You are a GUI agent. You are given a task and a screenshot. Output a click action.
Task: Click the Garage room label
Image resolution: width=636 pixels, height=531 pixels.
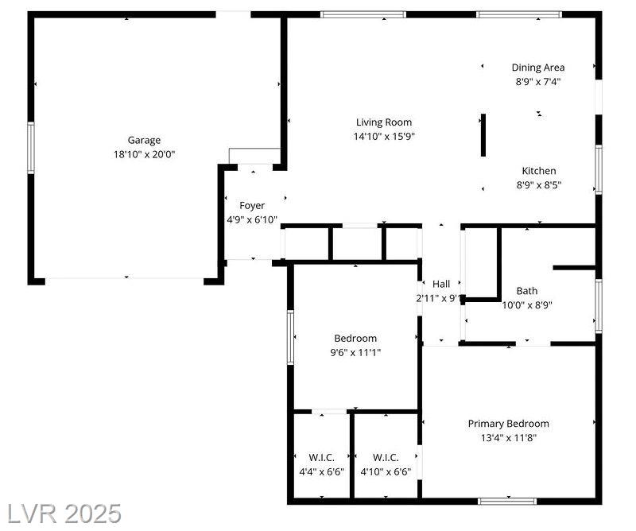pos(144,141)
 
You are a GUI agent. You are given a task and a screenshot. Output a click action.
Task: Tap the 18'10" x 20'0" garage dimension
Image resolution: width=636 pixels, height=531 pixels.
pos(144,154)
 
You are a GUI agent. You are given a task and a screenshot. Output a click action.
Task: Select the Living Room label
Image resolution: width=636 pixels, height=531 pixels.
pos(384,122)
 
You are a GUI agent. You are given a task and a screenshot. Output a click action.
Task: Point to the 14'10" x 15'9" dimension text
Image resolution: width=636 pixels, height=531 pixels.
pos(384,136)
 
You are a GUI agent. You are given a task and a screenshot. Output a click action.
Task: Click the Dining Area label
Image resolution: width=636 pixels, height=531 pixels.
pos(538,68)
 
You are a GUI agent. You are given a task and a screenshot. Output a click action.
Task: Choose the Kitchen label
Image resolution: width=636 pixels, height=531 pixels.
pos(539,171)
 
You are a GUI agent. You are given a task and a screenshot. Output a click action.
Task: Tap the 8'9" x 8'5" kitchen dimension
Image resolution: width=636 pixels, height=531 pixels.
pos(539,185)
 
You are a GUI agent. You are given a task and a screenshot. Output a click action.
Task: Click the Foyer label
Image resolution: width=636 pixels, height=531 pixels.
pos(252,206)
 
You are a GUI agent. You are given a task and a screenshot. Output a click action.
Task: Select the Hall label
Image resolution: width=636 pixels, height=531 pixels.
pos(441,284)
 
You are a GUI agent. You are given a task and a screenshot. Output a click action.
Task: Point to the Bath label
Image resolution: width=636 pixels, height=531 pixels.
pos(527,291)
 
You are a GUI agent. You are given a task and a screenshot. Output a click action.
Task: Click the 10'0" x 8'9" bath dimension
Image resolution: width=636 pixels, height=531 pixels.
pos(527,305)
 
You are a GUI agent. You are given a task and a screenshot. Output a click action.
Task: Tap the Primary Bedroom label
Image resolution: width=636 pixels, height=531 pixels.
pos(508,424)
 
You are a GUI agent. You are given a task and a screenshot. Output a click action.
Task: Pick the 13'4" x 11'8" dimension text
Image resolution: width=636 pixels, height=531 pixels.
pos(508,438)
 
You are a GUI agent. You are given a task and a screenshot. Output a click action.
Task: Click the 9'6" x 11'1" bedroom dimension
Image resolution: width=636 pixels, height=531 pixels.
pos(355,352)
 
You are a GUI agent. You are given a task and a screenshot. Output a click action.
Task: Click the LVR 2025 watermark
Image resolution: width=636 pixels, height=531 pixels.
pos(64,514)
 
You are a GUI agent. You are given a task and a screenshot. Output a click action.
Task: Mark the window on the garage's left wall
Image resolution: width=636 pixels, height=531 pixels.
pos(31,148)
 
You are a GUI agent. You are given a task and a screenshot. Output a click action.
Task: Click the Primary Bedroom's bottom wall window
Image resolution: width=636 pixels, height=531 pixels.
pos(507,502)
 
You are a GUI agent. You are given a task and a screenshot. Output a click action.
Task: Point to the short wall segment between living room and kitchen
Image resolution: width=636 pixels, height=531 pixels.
pos(483,135)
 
